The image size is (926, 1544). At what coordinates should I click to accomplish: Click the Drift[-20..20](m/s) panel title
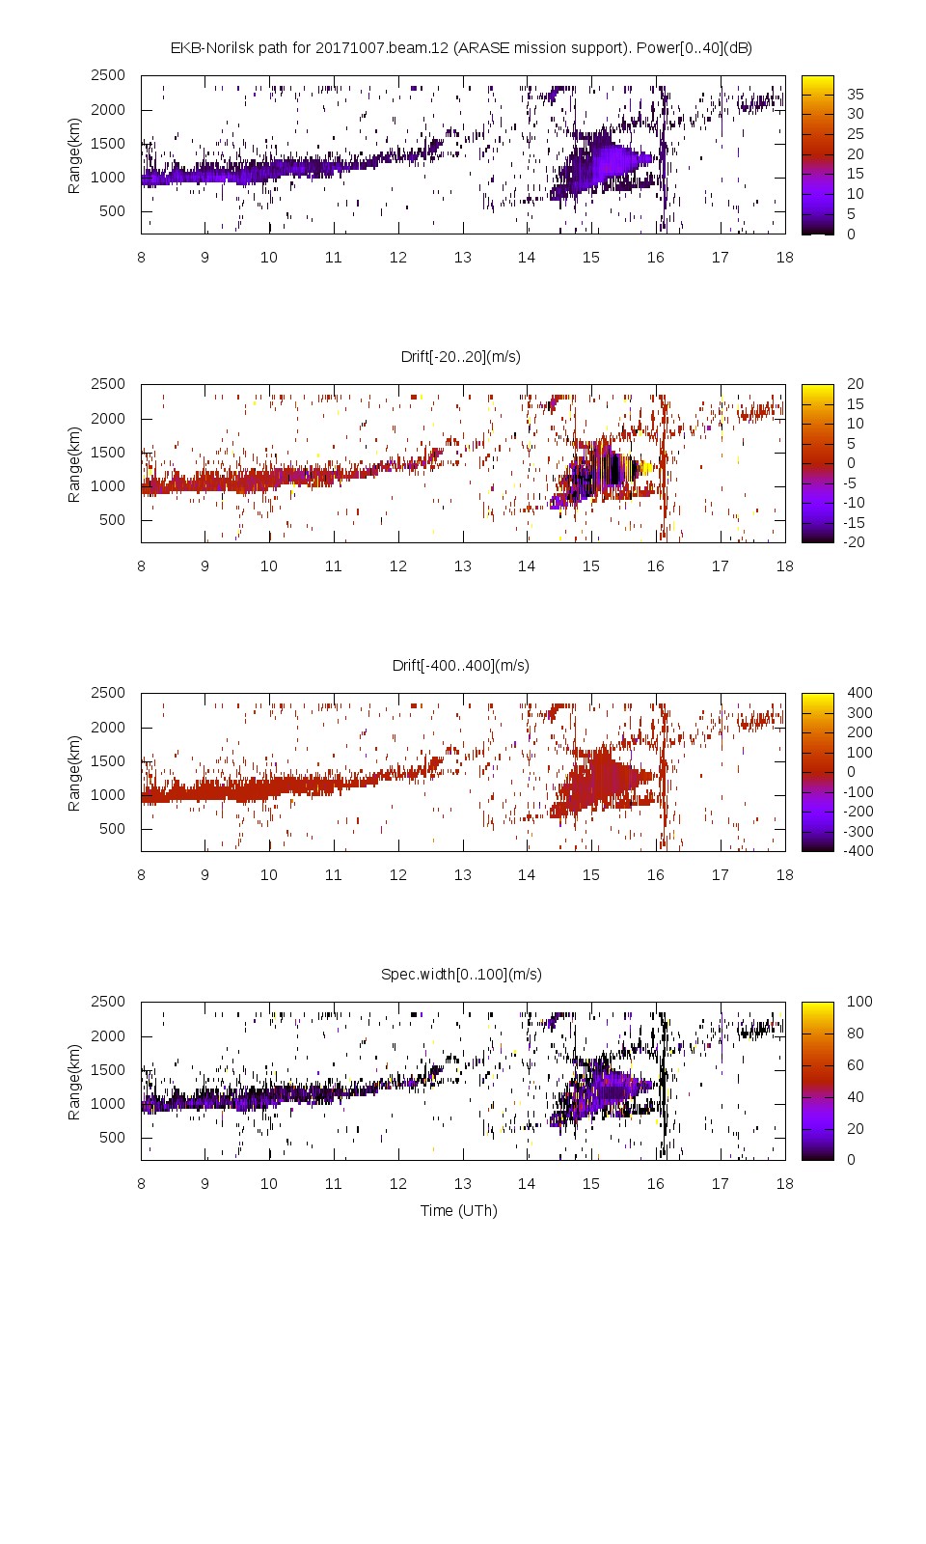(460, 356)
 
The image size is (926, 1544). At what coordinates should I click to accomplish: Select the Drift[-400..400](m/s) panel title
(460, 665)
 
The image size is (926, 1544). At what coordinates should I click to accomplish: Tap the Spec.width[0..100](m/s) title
(460, 974)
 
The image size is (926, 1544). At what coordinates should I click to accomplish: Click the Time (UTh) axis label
(458, 1210)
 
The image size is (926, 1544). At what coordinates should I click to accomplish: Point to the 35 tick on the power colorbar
(855, 94)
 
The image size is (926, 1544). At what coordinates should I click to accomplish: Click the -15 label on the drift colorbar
(855, 522)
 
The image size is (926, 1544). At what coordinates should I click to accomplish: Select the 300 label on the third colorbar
(858, 712)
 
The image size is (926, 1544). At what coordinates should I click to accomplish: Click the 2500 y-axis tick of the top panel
(108, 75)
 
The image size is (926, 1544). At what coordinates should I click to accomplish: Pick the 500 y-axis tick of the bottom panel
(112, 1137)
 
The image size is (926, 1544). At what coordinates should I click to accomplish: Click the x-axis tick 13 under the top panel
(462, 257)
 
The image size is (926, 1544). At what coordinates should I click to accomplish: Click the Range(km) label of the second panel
(73, 464)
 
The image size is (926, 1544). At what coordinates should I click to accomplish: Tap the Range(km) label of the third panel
(73, 773)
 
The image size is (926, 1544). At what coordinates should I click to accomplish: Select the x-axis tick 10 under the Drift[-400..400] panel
(268, 874)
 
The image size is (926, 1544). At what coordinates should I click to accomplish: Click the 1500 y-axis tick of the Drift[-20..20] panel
(108, 452)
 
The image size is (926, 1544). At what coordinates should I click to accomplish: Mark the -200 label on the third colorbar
(858, 811)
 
